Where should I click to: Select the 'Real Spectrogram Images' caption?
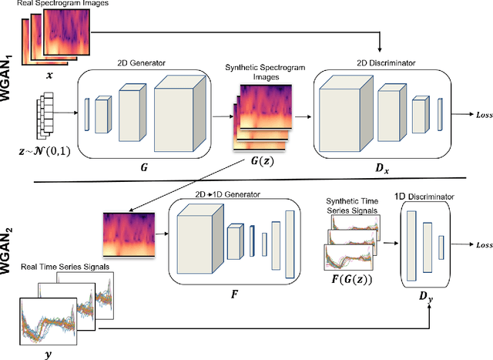[x=52, y=5]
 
